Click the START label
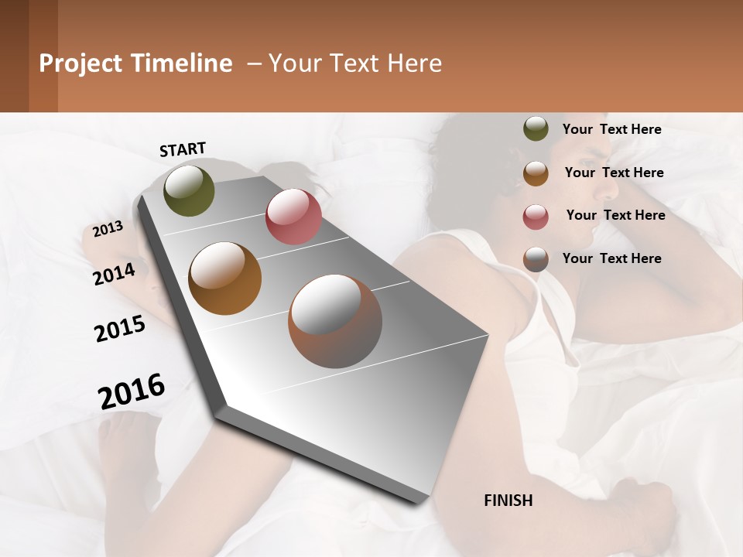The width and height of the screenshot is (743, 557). (183, 149)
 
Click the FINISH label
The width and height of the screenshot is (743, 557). (508, 501)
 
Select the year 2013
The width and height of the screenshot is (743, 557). (108, 229)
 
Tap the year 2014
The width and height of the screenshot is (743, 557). (114, 274)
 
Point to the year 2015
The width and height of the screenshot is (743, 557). (120, 329)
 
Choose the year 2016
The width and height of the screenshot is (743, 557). (132, 391)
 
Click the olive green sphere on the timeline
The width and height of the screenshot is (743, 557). (189, 190)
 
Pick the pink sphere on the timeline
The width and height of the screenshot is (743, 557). (293, 217)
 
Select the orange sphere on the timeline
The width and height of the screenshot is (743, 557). (224, 278)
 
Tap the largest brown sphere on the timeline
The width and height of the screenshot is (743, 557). (334, 321)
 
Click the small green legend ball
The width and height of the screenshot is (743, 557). (536, 129)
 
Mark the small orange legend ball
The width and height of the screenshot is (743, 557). (536, 173)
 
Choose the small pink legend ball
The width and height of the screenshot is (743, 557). (536, 217)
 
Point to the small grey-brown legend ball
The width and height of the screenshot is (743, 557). (536, 259)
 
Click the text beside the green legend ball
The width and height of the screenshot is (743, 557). (611, 129)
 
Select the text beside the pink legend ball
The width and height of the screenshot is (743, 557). (615, 215)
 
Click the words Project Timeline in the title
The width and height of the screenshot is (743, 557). (135, 63)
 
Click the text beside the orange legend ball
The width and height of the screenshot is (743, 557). (614, 173)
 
